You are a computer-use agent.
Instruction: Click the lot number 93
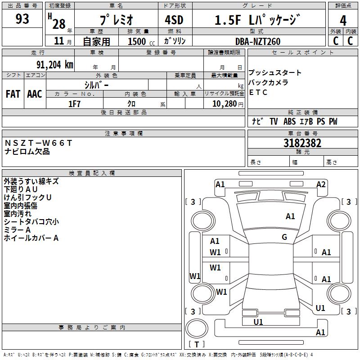pyautogui.click(x=22, y=19)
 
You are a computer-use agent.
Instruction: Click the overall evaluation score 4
pyautogui.click(x=343, y=20)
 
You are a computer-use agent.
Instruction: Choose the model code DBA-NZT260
pyautogui.click(x=258, y=41)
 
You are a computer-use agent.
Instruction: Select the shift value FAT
pyautogui.click(x=13, y=94)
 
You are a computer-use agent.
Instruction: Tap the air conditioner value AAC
pyautogui.click(x=35, y=94)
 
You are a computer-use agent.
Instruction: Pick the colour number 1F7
pyautogui.click(x=74, y=104)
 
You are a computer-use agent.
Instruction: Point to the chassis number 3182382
pyautogui.click(x=302, y=144)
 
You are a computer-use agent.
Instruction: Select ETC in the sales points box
pyautogui.click(x=258, y=93)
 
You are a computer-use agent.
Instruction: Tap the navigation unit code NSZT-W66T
pyautogui.click(x=38, y=143)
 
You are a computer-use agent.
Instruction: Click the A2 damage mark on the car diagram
pyautogui.click(x=321, y=184)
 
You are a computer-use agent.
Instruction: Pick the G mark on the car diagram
pyautogui.click(x=284, y=237)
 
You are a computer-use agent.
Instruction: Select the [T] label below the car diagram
pyautogui.click(x=197, y=344)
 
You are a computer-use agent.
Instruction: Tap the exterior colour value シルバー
pyautogui.click(x=96, y=84)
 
